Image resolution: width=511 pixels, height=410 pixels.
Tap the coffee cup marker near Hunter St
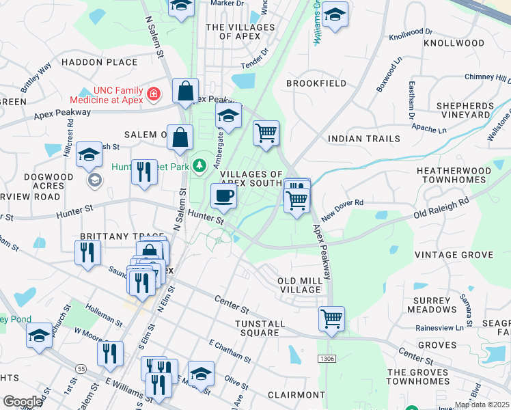[x=223, y=197]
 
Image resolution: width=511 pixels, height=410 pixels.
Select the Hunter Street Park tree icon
[x=199, y=165]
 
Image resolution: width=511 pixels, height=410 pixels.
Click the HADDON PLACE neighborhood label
[x=100, y=62]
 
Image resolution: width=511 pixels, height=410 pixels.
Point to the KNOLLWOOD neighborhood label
[x=454, y=43]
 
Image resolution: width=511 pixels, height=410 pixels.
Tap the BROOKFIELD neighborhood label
[x=316, y=83]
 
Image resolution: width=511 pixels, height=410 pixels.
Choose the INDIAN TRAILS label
[x=364, y=139]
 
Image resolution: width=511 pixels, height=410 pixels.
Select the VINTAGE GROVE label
[x=454, y=255]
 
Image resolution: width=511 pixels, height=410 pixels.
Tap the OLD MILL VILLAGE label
[x=300, y=285]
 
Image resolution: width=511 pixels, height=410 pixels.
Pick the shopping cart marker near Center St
[x=331, y=318]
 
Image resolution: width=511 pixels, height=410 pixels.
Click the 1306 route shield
[x=327, y=358]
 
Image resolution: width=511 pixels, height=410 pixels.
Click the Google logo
[x=22, y=402]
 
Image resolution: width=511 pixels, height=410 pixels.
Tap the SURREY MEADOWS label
[x=432, y=305]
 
